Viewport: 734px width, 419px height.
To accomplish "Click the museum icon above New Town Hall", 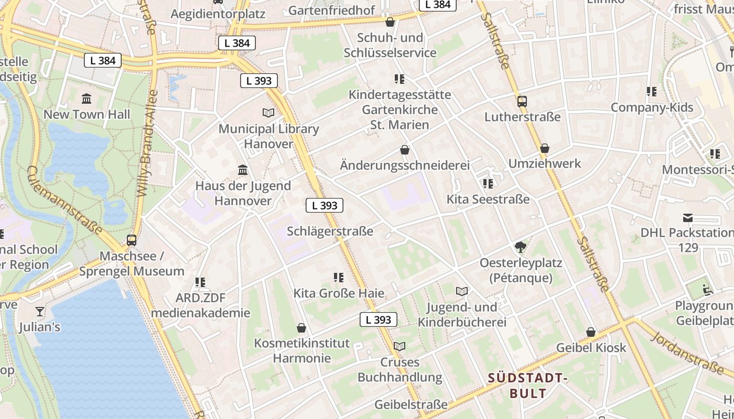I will pyautogui.click(x=87, y=98).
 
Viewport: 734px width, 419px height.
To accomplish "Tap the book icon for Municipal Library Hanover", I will pyautogui.click(x=268, y=113).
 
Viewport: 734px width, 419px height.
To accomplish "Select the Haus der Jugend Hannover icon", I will pyautogui.click(x=243, y=170).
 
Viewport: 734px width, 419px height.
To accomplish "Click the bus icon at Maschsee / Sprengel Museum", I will pyautogui.click(x=132, y=240).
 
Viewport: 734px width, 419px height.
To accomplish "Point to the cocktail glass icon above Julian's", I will pyautogui.click(x=40, y=312).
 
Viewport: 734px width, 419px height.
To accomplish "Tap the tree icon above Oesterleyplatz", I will pyautogui.click(x=521, y=247).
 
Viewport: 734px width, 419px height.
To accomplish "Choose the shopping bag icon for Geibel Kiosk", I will pyautogui.click(x=591, y=332).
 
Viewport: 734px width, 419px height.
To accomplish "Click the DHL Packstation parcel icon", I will pyautogui.click(x=688, y=218).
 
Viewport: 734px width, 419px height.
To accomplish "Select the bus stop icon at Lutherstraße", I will pyautogui.click(x=522, y=101).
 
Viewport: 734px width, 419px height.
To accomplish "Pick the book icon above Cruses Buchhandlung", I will pyautogui.click(x=400, y=346).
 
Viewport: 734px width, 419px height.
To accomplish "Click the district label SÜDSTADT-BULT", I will pyautogui.click(x=528, y=385).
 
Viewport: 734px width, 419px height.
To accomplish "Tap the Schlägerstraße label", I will pyautogui.click(x=330, y=231).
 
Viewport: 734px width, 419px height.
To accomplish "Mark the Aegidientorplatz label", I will pyautogui.click(x=218, y=14).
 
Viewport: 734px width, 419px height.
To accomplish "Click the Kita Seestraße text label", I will pyautogui.click(x=488, y=199).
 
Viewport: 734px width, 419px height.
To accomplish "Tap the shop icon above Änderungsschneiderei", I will pyautogui.click(x=405, y=150).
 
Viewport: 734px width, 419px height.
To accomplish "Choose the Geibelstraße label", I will pyautogui.click(x=411, y=404).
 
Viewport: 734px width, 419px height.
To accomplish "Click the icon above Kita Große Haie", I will pyautogui.click(x=339, y=278).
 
